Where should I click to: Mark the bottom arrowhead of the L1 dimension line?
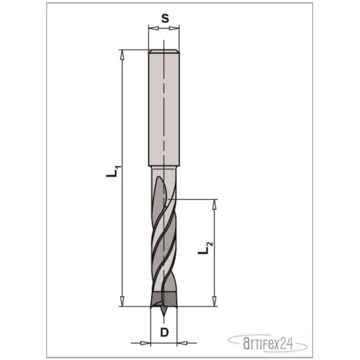[x=123, y=303]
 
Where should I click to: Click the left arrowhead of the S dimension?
[x=152, y=30]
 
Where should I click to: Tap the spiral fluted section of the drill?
[x=164, y=235]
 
